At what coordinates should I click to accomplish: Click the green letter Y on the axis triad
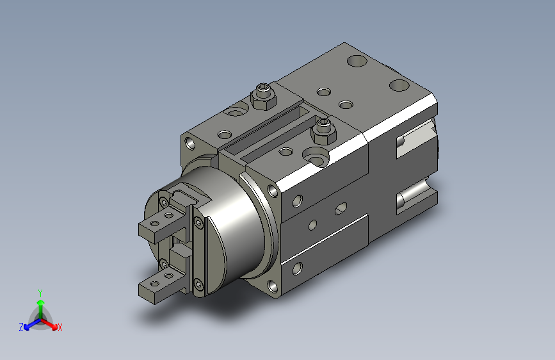40,293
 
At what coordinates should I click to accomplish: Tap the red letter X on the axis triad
60,327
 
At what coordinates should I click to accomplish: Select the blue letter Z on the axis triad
21,327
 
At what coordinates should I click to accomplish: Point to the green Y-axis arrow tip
41,302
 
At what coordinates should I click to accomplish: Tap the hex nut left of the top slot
263,96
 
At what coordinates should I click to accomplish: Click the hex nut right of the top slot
323,131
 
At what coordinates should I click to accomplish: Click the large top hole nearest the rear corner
357,61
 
